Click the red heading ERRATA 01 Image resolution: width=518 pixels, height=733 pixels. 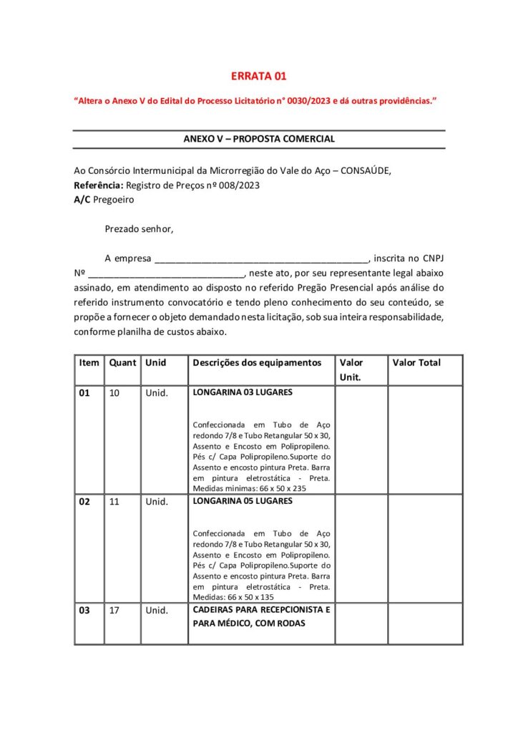point(258,77)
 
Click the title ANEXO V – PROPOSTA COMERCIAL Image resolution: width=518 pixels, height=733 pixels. point(259,139)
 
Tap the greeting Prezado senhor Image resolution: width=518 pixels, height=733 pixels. point(139,230)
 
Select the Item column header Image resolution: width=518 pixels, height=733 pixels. point(89,363)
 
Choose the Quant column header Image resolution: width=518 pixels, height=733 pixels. point(122,363)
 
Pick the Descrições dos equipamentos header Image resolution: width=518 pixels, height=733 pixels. point(257,363)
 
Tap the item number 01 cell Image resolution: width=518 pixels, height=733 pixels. point(84,393)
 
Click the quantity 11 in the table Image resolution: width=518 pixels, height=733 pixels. point(114,502)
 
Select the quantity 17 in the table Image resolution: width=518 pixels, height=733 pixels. point(114,611)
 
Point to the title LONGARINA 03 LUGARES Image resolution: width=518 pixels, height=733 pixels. point(243,392)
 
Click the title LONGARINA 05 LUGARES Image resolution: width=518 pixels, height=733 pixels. point(243,501)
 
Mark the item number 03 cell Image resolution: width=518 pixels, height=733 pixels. point(84,611)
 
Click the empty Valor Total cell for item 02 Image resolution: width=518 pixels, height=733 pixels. point(425,548)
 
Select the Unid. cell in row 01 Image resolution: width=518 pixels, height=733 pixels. point(157,393)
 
